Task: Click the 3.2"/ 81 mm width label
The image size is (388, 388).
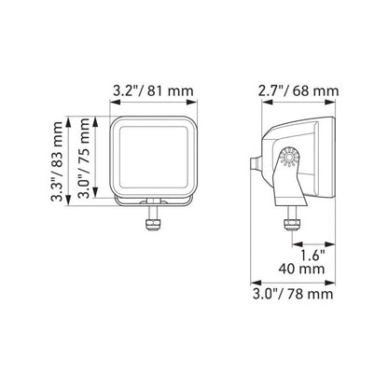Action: tap(153, 91)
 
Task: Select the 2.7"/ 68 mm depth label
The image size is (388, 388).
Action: tap(298, 91)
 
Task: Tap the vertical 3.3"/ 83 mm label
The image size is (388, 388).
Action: tap(58, 161)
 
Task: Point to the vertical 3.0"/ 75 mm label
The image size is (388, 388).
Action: tap(84, 158)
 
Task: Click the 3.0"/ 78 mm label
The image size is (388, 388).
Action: tap(293, 294)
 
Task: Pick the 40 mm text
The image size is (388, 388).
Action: tap(301, 269)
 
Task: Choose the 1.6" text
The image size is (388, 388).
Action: tap(312, 256)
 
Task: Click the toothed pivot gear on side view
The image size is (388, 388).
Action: tap(289, 158)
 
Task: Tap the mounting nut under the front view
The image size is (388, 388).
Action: tap(153, 225)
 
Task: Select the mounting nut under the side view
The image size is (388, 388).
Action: tap(291, 224)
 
